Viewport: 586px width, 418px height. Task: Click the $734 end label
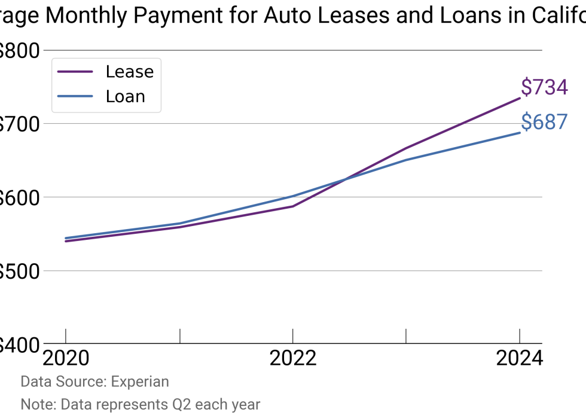click(544, 87)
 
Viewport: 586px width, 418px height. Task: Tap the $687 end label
click(544, 122)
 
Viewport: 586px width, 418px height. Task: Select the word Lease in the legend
click(130, 72)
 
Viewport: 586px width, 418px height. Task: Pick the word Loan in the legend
click(126, 96)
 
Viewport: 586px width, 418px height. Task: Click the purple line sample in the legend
click(75, 72)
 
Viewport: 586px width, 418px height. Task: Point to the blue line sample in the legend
click(75, 96)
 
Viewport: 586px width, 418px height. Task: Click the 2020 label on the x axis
click(66, 358)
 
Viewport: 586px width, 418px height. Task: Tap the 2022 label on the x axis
click(292, 358)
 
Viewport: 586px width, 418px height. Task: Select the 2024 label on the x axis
click(519, 358)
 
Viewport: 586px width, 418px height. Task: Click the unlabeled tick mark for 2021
click(179, 336)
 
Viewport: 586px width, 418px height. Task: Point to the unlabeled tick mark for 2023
click(406, 336)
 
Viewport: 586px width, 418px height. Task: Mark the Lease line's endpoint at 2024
click(519, 98)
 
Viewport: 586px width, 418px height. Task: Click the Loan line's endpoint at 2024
click(519, 133)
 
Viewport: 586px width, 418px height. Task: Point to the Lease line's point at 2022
click(292, 206)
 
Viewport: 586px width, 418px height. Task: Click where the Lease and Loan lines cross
click(345, 179)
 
